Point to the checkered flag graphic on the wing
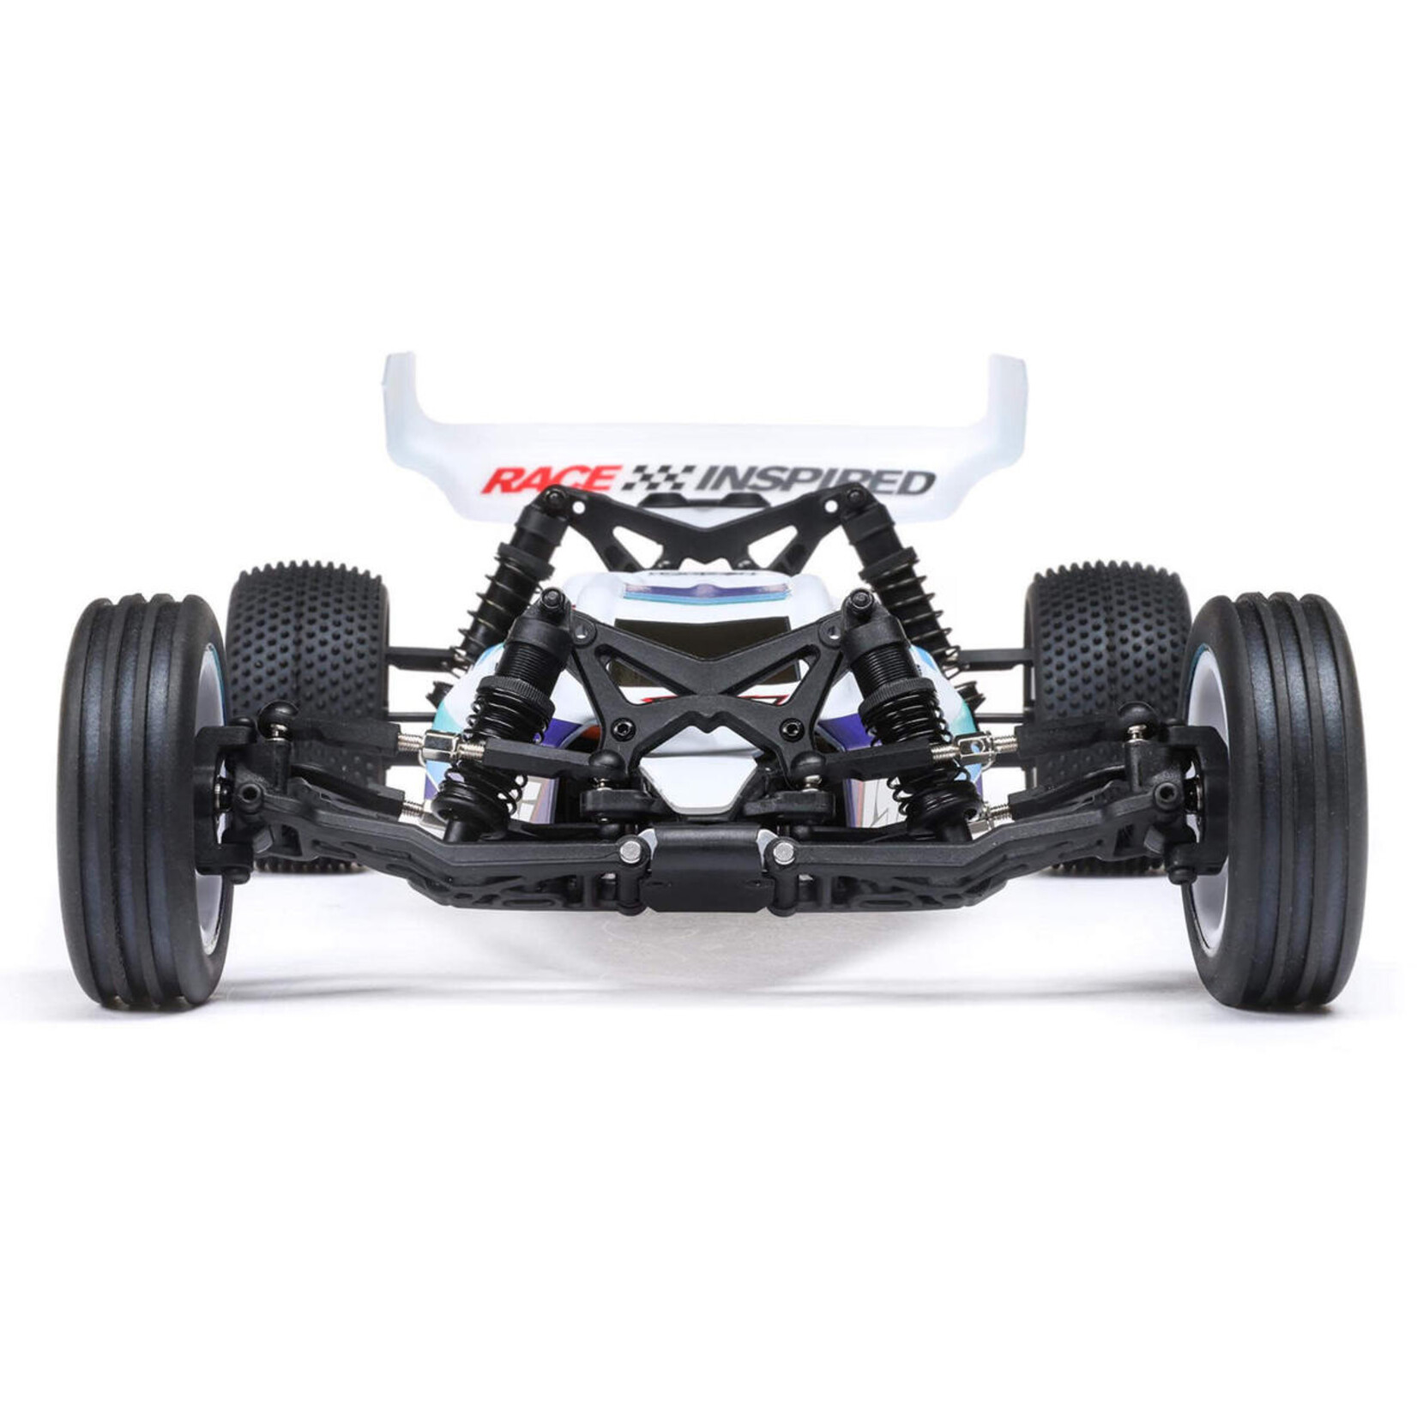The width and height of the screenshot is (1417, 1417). coord(658,476)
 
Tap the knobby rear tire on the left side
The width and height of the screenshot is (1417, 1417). coord(309,652)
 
